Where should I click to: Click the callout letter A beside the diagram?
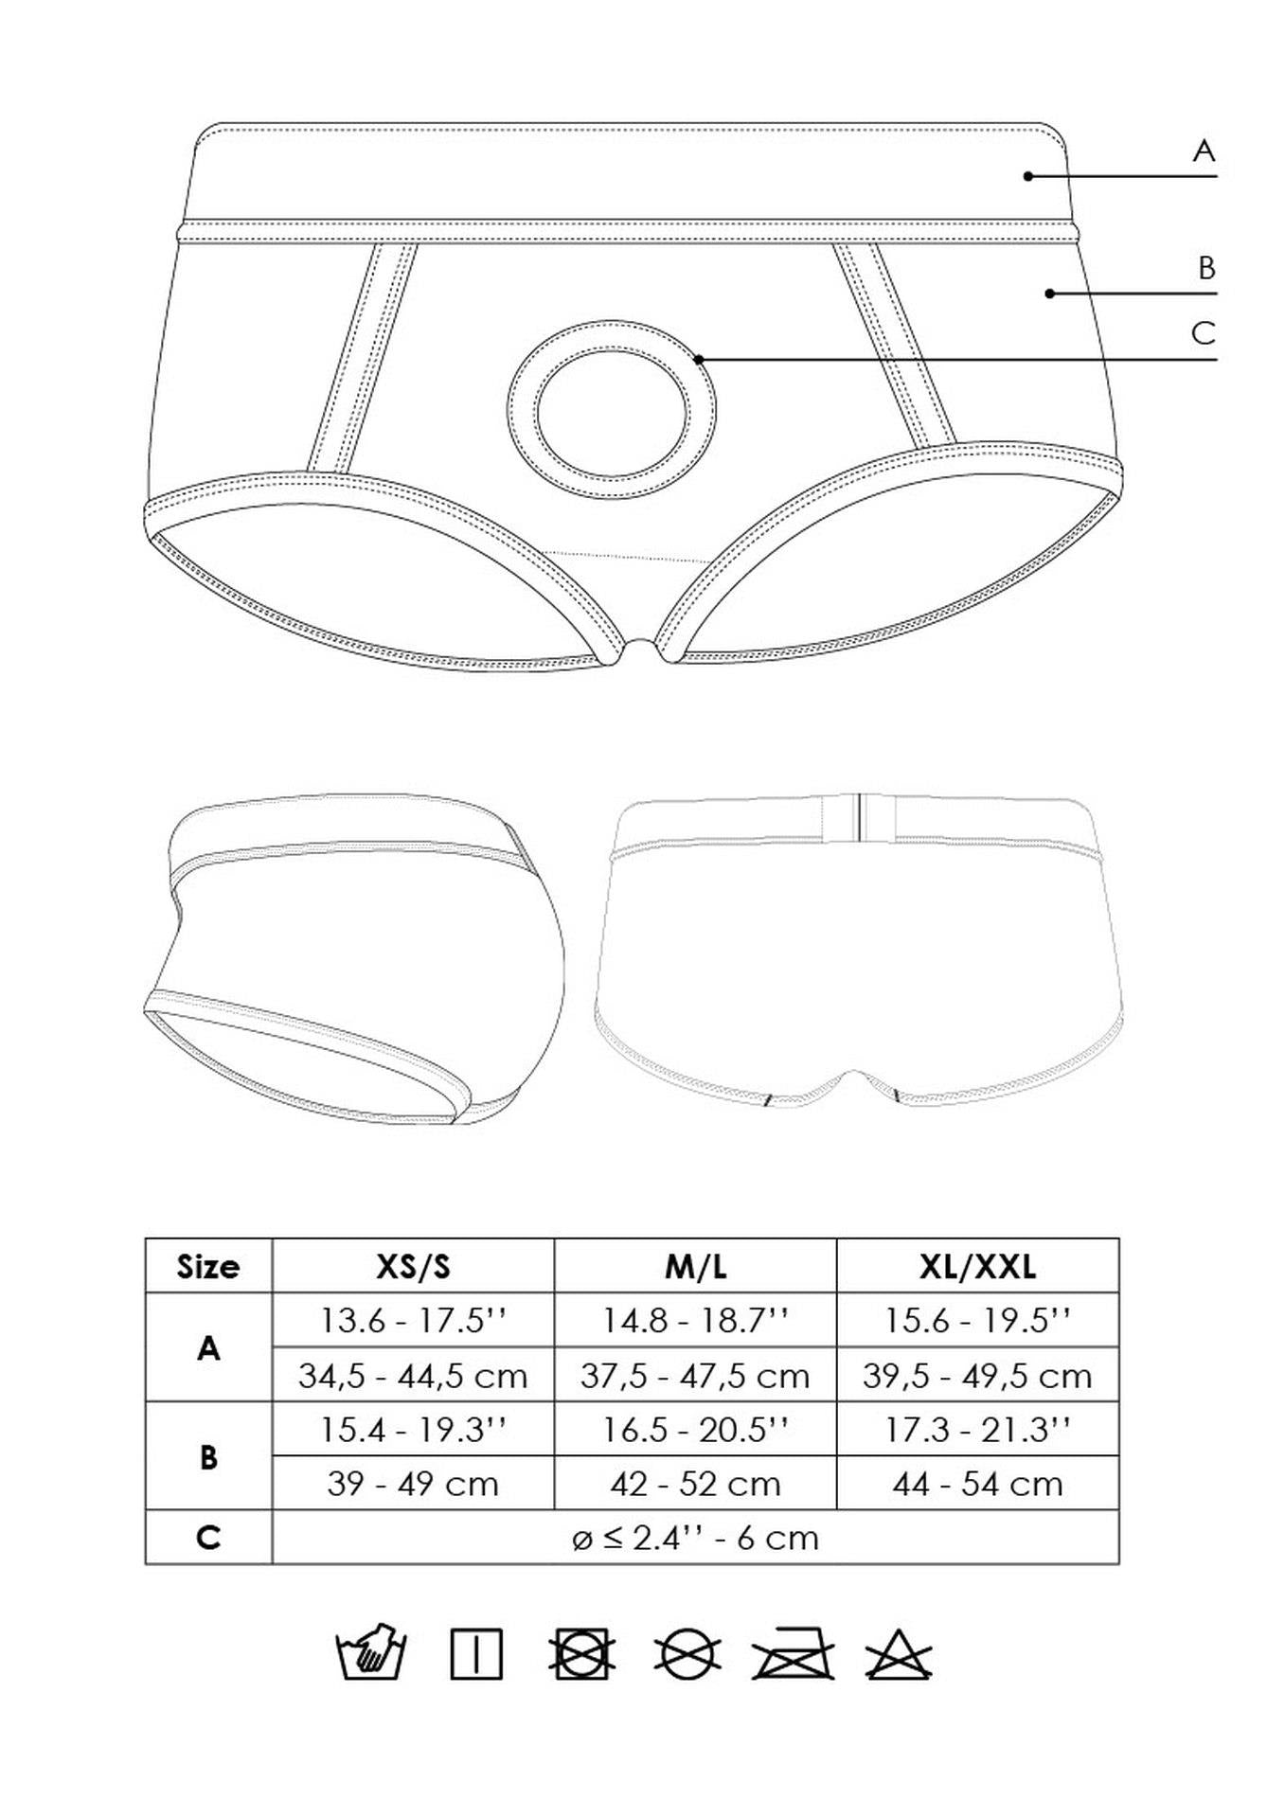click(1203, 151)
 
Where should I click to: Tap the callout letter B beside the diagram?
click(1205, 268)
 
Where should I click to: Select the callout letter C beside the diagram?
click(1203, 333)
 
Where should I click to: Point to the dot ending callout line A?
click(1027, 175)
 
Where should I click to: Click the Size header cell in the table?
click(208, 1266)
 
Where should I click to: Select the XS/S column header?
click(413, 1266)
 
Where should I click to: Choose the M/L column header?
click(695, 1266)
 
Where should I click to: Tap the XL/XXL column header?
click(977, 1266)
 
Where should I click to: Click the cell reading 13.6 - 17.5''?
click(413, 1320)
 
